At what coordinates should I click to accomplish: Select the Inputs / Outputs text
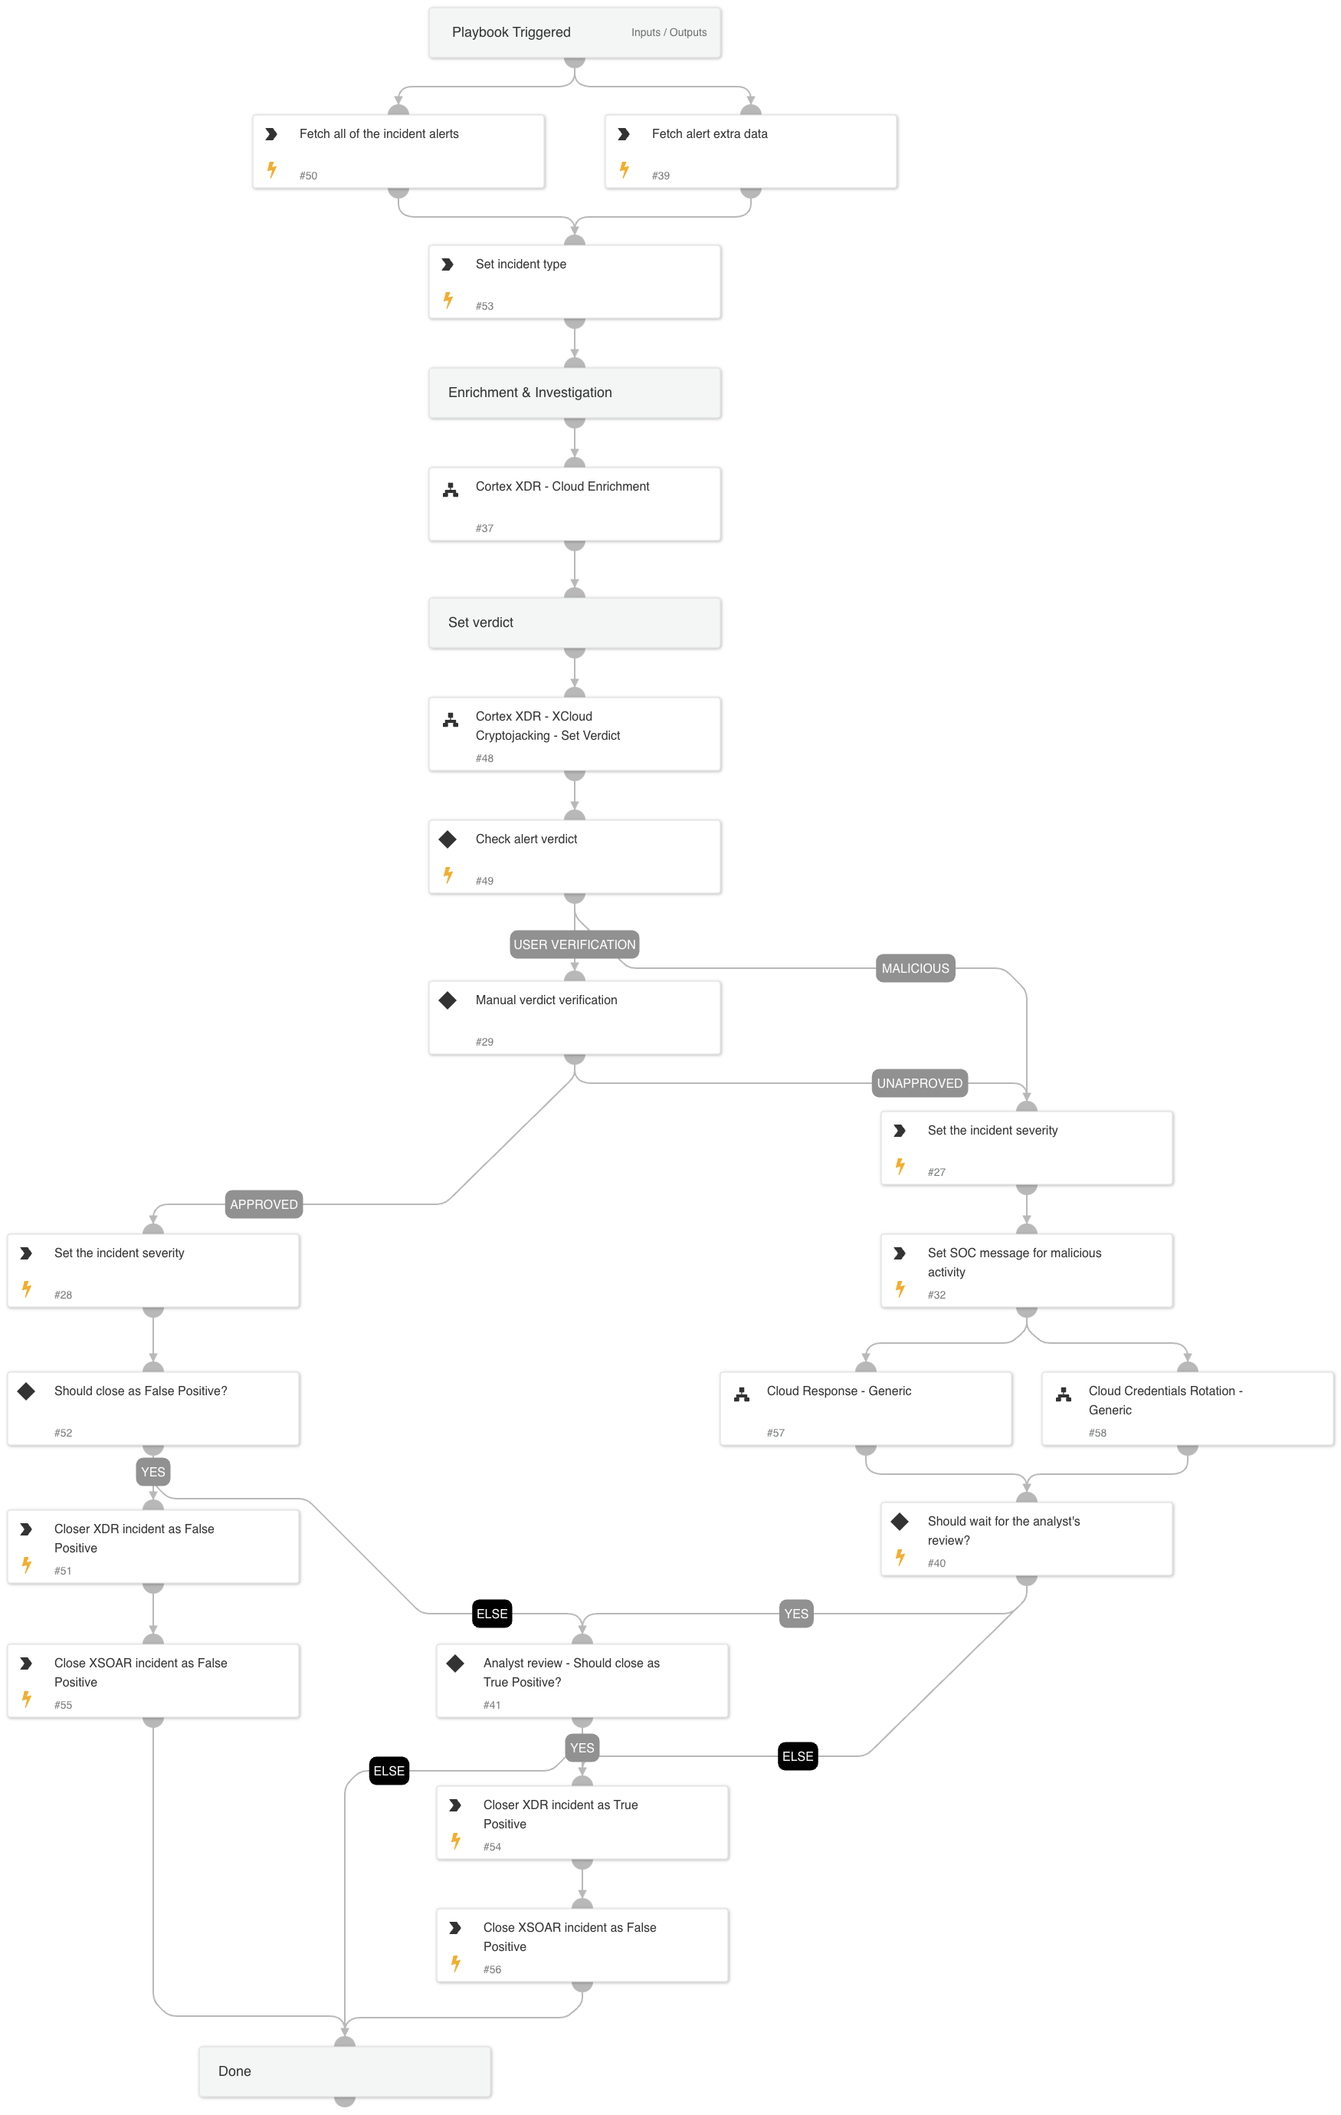(x=668, y=32)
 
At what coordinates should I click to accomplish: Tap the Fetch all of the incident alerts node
(x=398, y=151)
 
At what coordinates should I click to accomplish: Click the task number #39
(x=661, y=176)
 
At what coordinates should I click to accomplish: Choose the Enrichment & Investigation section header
(x=575, y=392)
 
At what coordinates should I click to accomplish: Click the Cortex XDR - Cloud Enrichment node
(x=575, y=504)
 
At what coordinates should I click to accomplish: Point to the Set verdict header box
(x=575, y=622)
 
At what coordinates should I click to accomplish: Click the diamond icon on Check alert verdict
(x=448, y=839)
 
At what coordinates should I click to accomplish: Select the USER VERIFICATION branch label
(x=575, y=944)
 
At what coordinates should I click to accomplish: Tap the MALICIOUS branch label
(x=915, y=968)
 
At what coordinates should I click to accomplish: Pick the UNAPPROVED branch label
(x=920, y=1083)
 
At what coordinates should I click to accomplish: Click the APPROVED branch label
(x=264, y=1204)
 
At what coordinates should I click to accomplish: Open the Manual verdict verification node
(x=575, y=1017)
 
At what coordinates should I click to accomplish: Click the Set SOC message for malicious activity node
(x=1027, y=1270)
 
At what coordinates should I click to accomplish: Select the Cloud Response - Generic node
(x=865, y=1408)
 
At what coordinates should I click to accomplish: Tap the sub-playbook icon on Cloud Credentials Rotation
(x=1064, y=1394)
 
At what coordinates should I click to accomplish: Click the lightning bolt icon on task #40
(x=900, y=1557)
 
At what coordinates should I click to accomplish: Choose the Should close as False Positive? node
(x=152, y=1408)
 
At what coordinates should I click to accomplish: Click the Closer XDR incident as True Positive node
(x=582, y=1821)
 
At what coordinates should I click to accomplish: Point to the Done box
(x=344, y=2071)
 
